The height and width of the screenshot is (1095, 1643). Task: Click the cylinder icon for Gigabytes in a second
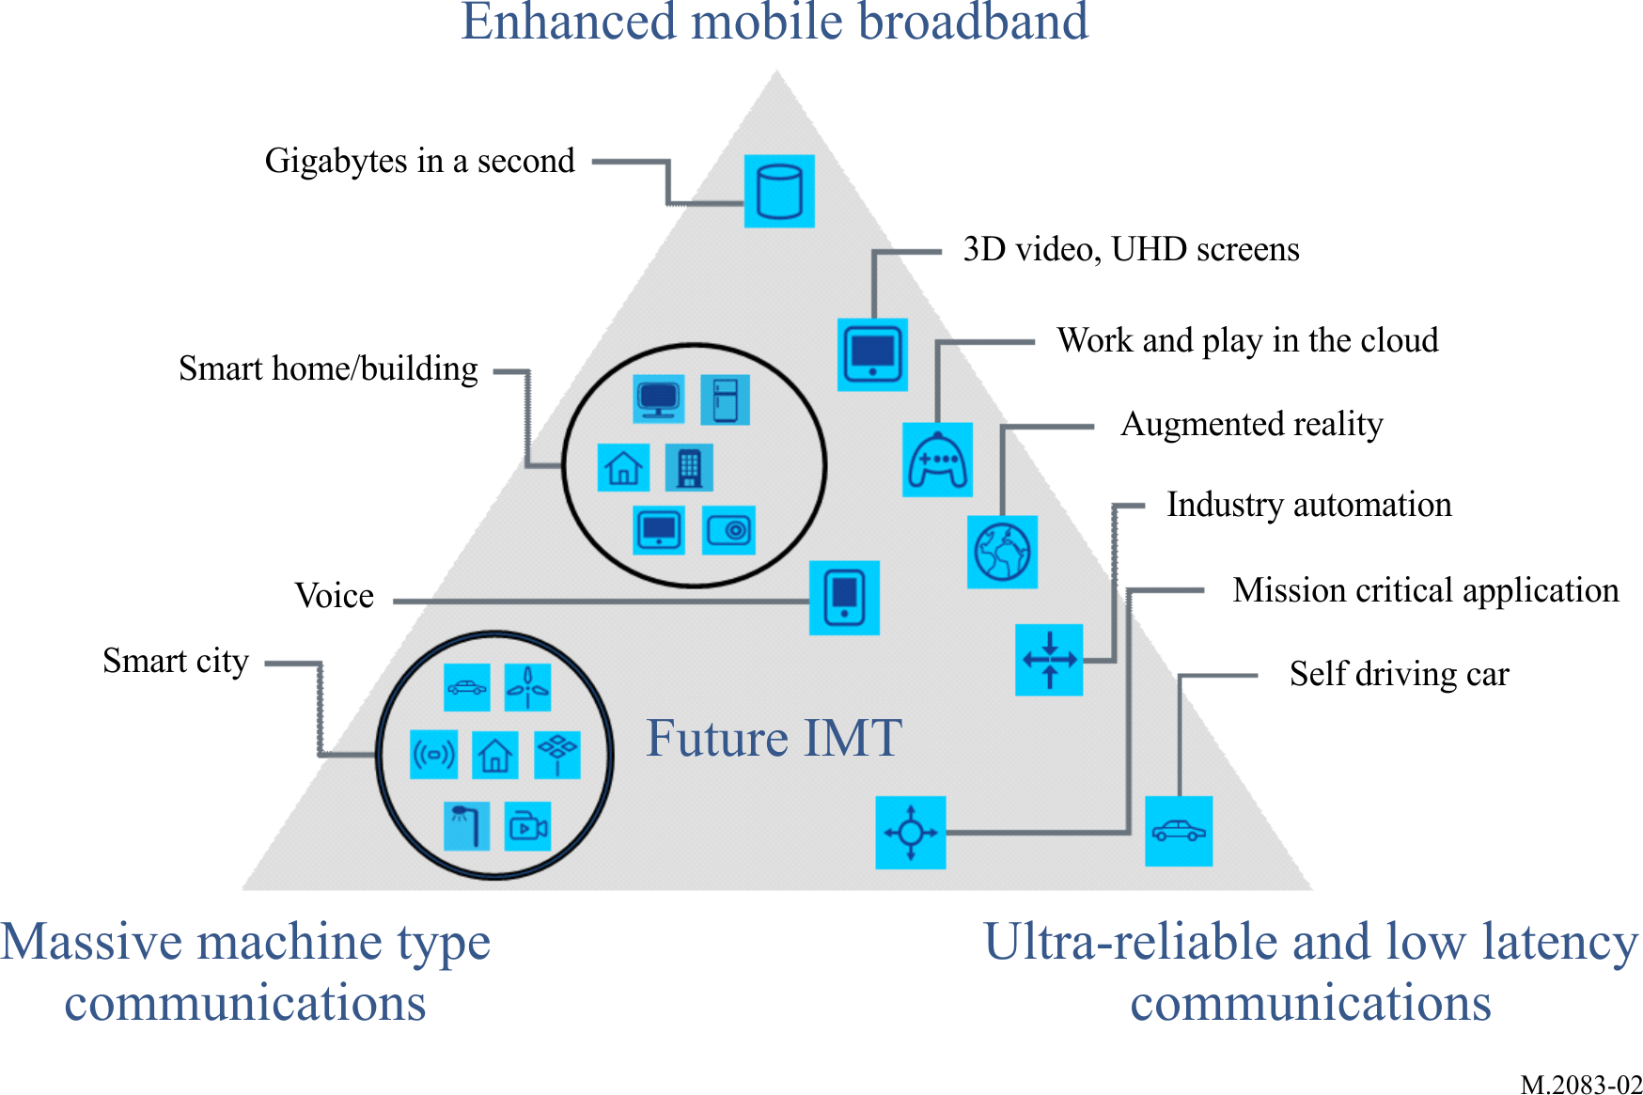tap(779, 191)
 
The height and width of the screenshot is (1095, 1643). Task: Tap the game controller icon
tap(937, 460)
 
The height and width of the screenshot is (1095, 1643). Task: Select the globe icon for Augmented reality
tap(1002, 552)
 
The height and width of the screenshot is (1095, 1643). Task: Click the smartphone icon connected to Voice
tap(844, 598)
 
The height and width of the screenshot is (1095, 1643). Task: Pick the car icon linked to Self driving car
tap(1179, 831)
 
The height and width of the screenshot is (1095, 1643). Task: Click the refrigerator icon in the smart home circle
tap(725, 399)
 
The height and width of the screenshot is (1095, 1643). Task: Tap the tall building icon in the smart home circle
tap(689, 467)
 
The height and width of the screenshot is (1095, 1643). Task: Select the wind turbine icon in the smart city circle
tap(527, 687)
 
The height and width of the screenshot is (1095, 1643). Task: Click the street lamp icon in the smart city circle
tap(466, 825)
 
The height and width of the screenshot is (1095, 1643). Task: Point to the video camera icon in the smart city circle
tap(527, 826)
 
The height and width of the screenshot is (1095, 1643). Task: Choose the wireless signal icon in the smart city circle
tap(433, 754)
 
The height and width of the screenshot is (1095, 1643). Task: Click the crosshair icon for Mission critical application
tap(910, 832)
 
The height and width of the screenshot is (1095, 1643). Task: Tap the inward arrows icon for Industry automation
tap(1049, 659)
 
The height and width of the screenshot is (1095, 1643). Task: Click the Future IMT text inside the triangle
tap(774, 738)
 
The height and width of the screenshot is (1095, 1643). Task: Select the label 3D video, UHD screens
tap(1131, 249)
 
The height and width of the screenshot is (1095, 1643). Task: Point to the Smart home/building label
tap(328, 368)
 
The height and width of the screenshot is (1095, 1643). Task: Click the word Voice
tap(334, 596)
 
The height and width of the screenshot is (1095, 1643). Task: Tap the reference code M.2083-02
tap(1581, 1085)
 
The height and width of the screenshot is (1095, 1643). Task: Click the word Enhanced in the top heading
tap(569, 22)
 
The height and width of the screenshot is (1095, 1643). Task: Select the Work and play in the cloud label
tap(1247, 340)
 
